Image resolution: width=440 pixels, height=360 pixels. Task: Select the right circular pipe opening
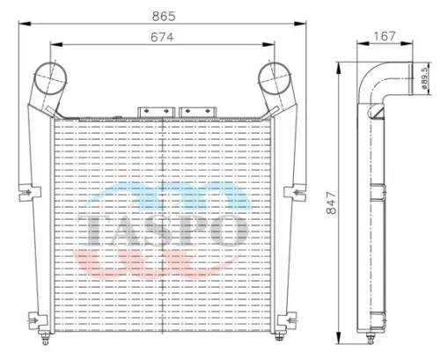click(x=279, y=78)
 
